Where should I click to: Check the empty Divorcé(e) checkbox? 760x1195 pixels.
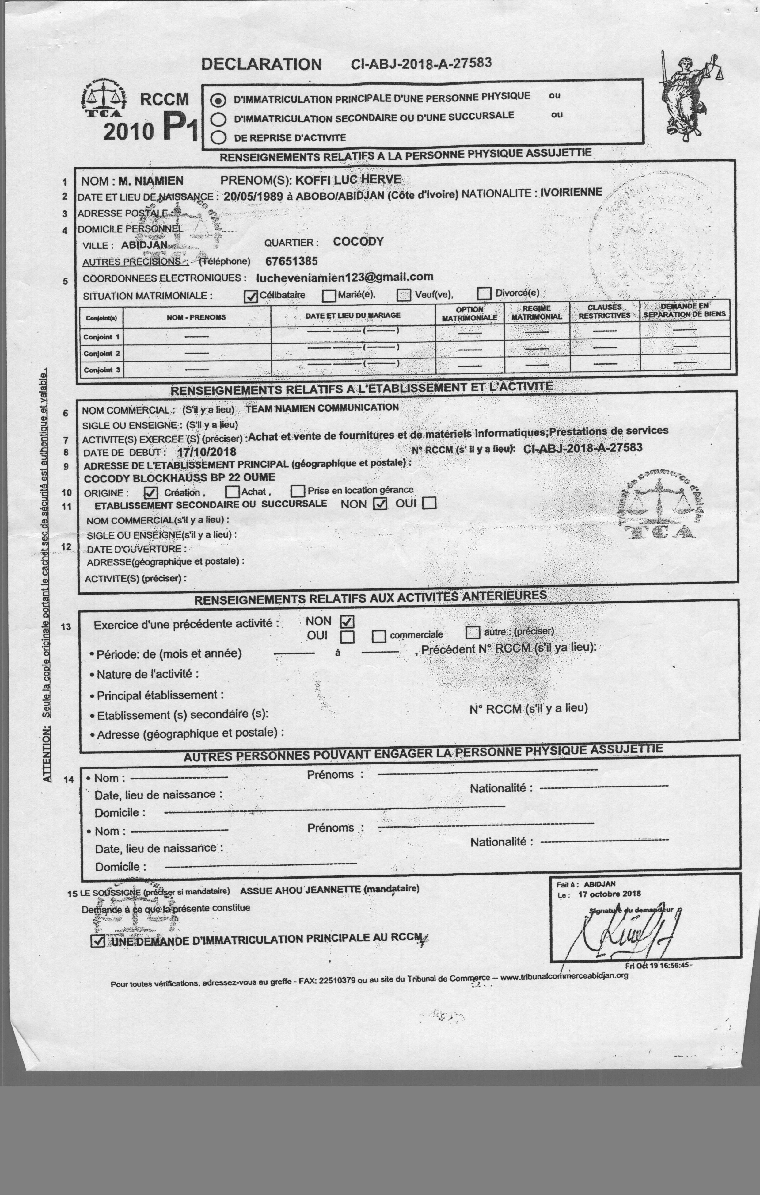pos(484,293)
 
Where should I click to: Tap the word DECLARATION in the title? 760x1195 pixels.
pos(261,64)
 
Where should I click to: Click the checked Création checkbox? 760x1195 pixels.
pos(151,493)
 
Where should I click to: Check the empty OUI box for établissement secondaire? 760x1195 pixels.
pos(430,503)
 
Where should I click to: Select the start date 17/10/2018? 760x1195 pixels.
pos(206,452)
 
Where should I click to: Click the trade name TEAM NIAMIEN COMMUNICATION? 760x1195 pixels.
pos(322,408)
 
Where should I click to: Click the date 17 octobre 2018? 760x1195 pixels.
pos(609,894)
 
